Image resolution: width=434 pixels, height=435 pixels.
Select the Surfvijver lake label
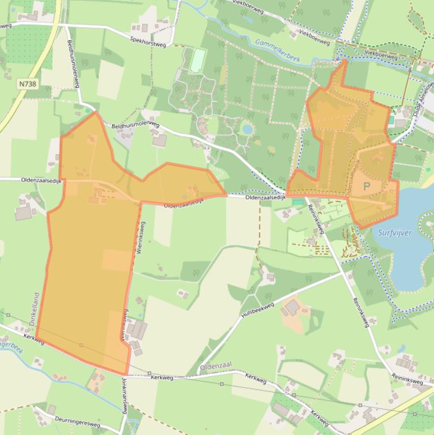pos(395,233)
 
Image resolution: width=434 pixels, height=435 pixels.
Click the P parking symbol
pos(366,186)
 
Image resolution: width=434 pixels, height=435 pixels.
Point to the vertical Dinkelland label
pos(33,308)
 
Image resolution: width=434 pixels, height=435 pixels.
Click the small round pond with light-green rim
pos(247,129)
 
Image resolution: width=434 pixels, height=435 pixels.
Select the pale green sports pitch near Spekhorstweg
pos(197,60)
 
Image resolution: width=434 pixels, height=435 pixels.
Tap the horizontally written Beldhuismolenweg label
pos(136,126)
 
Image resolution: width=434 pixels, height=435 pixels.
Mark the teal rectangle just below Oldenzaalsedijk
pos(297,202)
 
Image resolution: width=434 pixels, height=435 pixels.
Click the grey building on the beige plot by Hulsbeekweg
pos(292,308)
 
